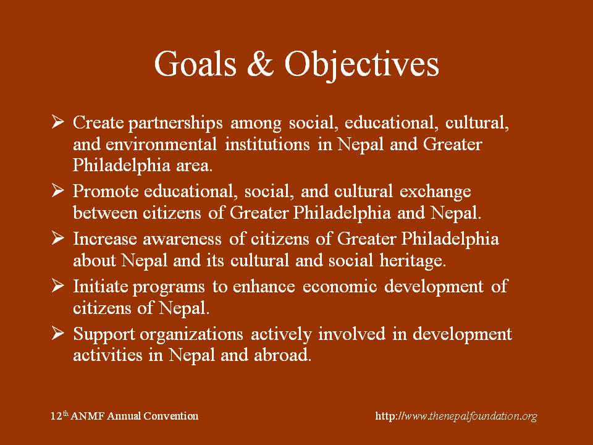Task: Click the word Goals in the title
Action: (x=195, y=63)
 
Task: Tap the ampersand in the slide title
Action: (x=260, y=63)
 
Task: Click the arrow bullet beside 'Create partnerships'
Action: (x=57, y=122)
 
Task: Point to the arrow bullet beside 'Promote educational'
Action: (x=57, y=190)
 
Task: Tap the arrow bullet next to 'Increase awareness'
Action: (x=57, y=238)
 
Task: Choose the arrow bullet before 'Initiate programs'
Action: (x=57, y=286)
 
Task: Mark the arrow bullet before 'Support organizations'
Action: (x=57, y=333)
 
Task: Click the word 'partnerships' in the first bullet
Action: (x=175, y=124)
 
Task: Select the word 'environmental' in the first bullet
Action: (x=161, y=144)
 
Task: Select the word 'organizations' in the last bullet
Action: (x=191, y=335)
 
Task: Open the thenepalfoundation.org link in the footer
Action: (x=456, y=416)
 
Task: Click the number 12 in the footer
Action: (x=56, y=416)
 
